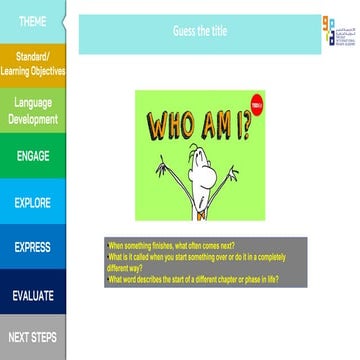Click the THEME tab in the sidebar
pyautogui.click(x=32, y=21)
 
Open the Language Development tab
pyautogui.click(x=33, y=110)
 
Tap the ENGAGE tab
pyautogui.click(x=33, y=156)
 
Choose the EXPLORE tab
pyautogui.click(x=33, y=202)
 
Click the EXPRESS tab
pyautogui.click(x=33, y=247)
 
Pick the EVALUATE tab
pyautogui.click(x=33, y=295)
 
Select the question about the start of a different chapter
pyautogui.click(x=192, y=280)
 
